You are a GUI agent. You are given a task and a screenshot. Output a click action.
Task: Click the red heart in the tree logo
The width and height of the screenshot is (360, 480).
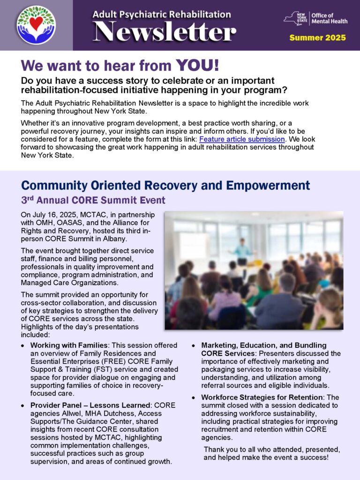[x=36, y=22]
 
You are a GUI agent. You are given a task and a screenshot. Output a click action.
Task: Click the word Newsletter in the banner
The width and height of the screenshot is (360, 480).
[x=164, y=32]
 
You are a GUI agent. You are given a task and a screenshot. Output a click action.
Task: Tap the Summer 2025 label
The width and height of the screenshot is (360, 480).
[x=317, y=37]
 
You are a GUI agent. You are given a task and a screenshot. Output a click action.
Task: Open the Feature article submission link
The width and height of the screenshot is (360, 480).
[x=242, y=139]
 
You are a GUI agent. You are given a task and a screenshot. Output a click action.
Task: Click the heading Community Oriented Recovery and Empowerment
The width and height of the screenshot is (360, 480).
[x=165, y=185]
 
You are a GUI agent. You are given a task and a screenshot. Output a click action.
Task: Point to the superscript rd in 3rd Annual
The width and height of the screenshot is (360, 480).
[x=30, y=198]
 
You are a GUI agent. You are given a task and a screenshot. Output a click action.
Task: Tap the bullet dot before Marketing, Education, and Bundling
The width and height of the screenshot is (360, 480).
[x=195, y=346]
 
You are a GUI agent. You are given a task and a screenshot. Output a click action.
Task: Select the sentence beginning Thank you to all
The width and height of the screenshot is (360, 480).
[x=272, y=453]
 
